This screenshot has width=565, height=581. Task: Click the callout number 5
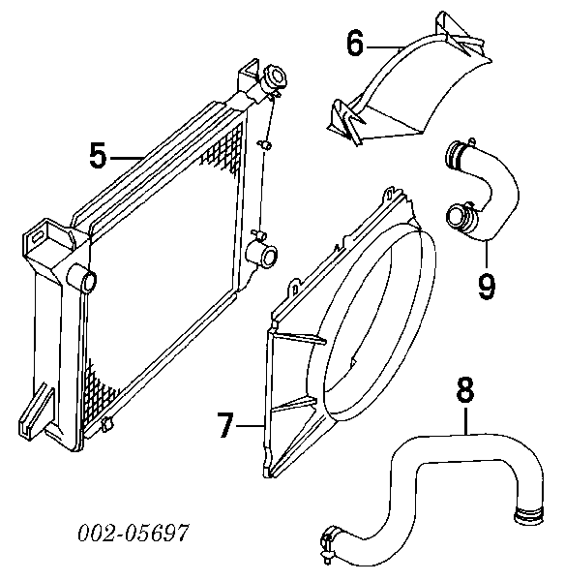tap(98, 156)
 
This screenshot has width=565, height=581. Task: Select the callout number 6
tap(355, 44)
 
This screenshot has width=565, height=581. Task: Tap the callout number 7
tap(225, 425)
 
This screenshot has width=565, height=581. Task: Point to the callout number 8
tap(465, 390)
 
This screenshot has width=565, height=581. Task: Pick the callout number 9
tap(487, 286)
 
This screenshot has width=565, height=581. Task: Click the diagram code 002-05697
tap(134, 533)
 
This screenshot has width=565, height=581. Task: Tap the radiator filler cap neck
tap(275, 79)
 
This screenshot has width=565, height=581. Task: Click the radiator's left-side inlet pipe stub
tap(82, 279)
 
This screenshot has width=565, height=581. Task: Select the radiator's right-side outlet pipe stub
tap(262, 253)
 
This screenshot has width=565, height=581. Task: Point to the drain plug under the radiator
tap(106, 424)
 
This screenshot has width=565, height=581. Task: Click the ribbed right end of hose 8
tap(528, 516)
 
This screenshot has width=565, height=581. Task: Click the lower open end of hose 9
tap(459, 219)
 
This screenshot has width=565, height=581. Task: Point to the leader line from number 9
tap(486, 255)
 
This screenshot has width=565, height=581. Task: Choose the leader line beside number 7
tap(251, 426)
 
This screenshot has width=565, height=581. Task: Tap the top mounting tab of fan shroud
tap(389, 195)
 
